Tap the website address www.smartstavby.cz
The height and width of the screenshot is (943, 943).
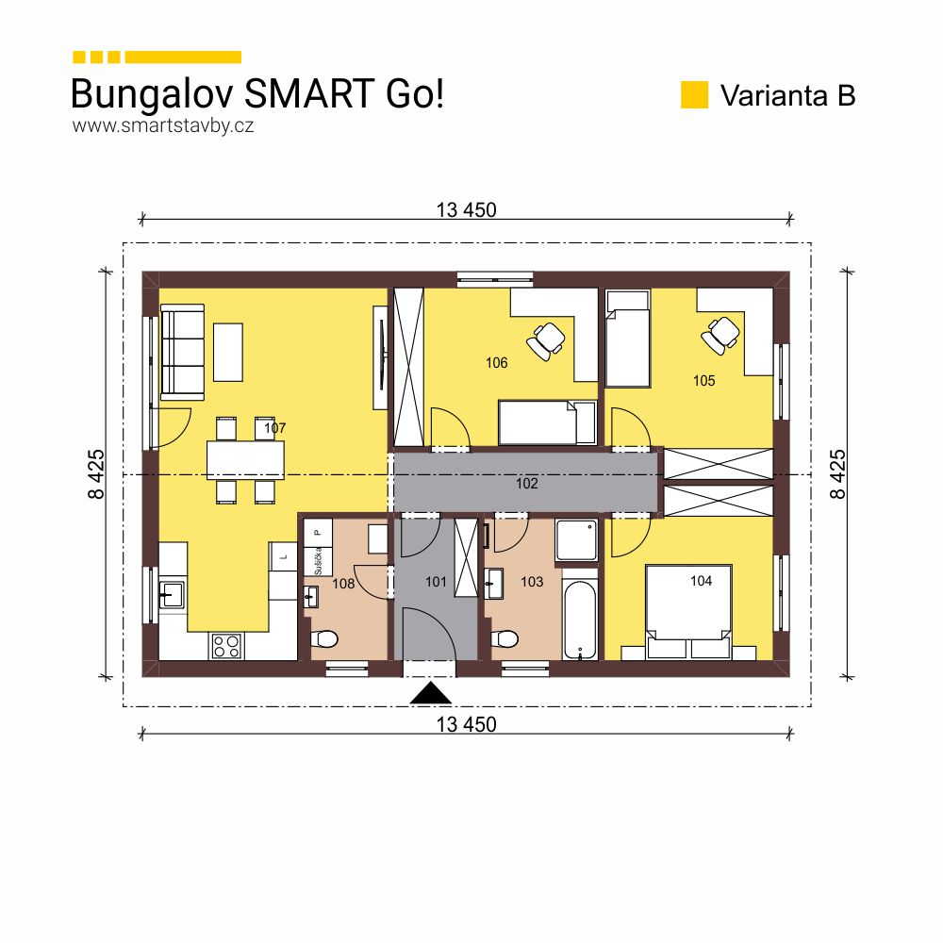pos(163,125)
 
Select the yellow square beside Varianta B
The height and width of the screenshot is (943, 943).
pos(694,95)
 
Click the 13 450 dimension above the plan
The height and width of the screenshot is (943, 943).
pos(466,210)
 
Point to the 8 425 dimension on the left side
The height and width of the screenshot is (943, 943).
pos(98,474)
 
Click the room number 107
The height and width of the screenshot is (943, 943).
pos(274,428)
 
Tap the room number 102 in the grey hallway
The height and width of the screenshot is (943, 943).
pos(526,483)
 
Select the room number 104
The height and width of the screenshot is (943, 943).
pos(701,581)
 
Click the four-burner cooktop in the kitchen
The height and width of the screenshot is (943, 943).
pos(226,645)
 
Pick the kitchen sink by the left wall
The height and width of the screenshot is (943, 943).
pos(173,594)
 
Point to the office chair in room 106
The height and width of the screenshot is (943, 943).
pos(545,339)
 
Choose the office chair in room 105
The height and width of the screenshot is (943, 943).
pos(721,334)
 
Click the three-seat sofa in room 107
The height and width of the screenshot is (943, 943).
pos(183,351)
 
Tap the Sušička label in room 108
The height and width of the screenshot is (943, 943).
pos(319,559)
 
